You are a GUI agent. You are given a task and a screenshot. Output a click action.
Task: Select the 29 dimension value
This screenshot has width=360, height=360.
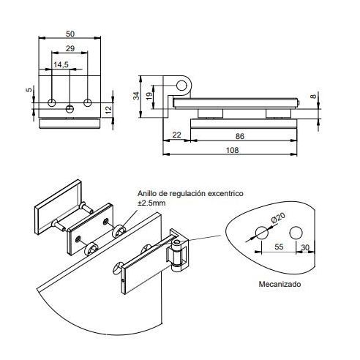[x=69, y=49]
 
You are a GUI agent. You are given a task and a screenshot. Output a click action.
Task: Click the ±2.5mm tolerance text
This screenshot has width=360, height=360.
[x=152, y=202]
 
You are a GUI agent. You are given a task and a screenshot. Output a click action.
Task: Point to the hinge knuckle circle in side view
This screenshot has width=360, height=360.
[x=182, y=84]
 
